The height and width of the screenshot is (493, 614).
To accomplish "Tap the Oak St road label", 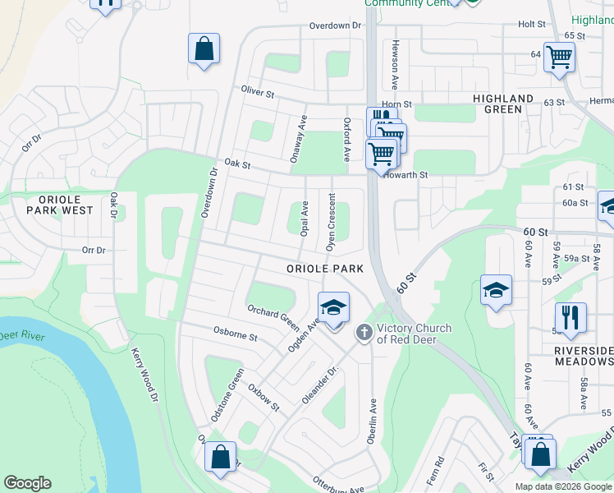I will click(236, 164).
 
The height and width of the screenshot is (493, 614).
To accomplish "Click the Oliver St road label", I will click(257, 92).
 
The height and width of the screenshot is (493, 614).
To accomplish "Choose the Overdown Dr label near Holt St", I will click(335, 25).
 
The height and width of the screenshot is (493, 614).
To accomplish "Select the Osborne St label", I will click(236, 337).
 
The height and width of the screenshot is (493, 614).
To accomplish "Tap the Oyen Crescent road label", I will click(332, 222).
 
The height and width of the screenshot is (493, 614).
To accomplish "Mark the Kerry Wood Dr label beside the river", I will click(144, 375).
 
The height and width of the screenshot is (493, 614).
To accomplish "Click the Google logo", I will click(27, 483).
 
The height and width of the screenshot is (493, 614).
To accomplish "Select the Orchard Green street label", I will click(273, 316).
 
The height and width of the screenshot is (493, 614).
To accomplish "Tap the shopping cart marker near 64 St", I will click(559, 58).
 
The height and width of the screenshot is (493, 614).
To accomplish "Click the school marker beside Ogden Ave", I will click(333, 308).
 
